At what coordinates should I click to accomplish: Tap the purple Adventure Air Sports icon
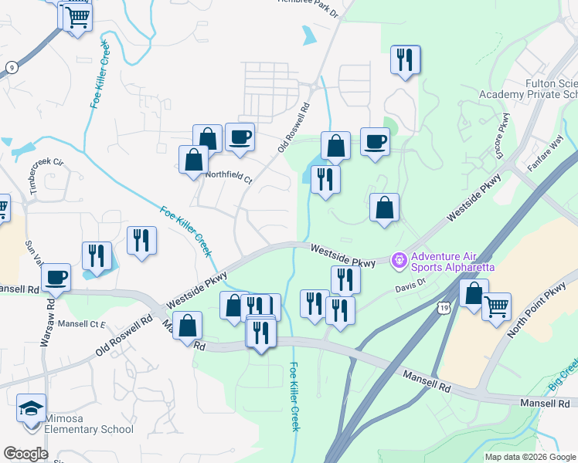coord(399,262)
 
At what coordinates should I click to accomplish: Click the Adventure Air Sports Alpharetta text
coord(453,262)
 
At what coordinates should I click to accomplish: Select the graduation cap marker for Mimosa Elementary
coord(32,407)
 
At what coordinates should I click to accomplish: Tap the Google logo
coord(25,454)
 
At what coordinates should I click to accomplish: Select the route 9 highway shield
coord(12,67)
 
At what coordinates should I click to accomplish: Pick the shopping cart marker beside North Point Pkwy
coord(496,306)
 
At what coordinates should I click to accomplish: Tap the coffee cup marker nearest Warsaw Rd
coord(56,277)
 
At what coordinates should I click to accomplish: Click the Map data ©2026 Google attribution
coord(530,457)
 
